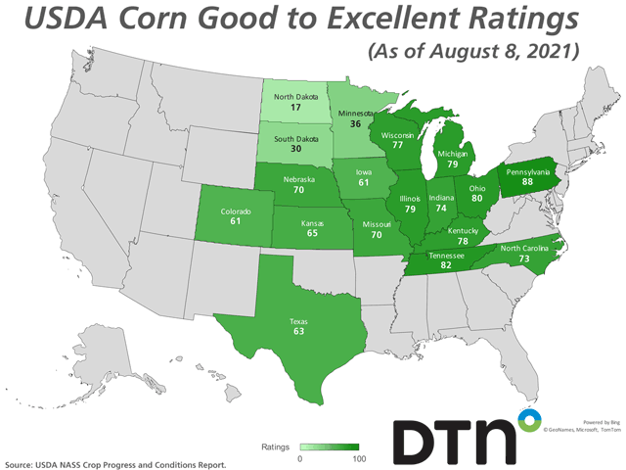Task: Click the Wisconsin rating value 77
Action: pyautogui.click(x=399, y=143)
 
